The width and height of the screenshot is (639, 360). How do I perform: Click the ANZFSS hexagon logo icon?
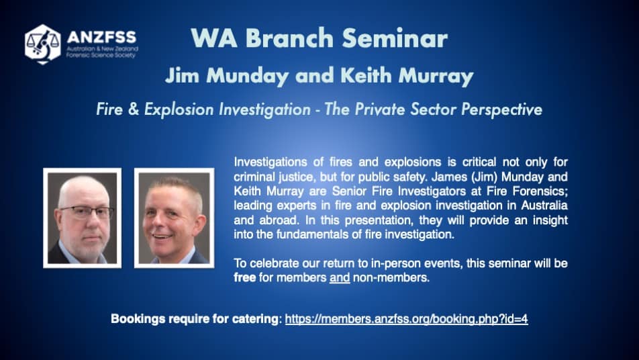point(43,44)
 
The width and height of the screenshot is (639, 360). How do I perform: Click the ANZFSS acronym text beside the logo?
point(101,37)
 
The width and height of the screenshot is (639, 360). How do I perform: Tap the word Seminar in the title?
point(395,38)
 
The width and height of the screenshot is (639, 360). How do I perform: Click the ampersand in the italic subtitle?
point(134,109)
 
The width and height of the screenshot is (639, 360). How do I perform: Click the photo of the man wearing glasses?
point(83,218)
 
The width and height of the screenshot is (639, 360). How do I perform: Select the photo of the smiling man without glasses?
point(174,218)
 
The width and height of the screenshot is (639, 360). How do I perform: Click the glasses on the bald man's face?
point(87,212)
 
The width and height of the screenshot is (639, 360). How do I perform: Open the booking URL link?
point(406,319)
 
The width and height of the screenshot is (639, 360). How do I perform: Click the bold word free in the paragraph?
point(244,277)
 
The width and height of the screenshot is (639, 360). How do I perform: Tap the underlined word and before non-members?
point(340,278)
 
